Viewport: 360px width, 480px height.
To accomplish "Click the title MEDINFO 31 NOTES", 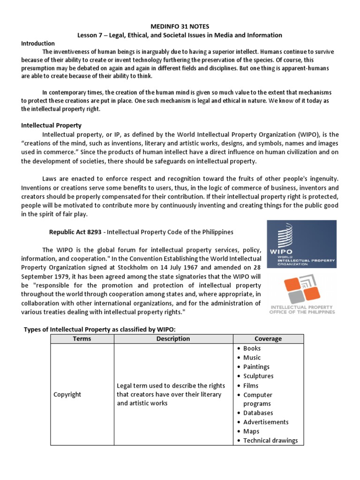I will [180, 27].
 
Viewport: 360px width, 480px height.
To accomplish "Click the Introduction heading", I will [38, 43].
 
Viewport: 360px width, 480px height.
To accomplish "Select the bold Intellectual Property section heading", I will [52, 125].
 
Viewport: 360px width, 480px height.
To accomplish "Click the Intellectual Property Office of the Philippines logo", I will [302, 295].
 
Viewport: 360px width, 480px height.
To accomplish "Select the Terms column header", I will [82, 338].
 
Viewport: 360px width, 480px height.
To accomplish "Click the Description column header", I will [173, 338].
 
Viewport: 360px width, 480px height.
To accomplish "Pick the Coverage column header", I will [268, 338].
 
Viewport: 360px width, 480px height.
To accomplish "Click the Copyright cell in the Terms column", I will [67, 394].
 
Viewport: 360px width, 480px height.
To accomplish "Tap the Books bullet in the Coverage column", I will [252, 348].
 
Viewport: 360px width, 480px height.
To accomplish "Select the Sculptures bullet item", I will [258, 376].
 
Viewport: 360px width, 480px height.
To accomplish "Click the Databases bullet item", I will [258, 413].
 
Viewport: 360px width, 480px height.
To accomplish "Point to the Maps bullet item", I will [251, 431].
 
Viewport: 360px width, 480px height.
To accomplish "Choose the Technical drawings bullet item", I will [270, 441].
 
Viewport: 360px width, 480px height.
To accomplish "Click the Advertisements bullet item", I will [266, 422].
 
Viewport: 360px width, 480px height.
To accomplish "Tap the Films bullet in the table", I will [251, 385].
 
